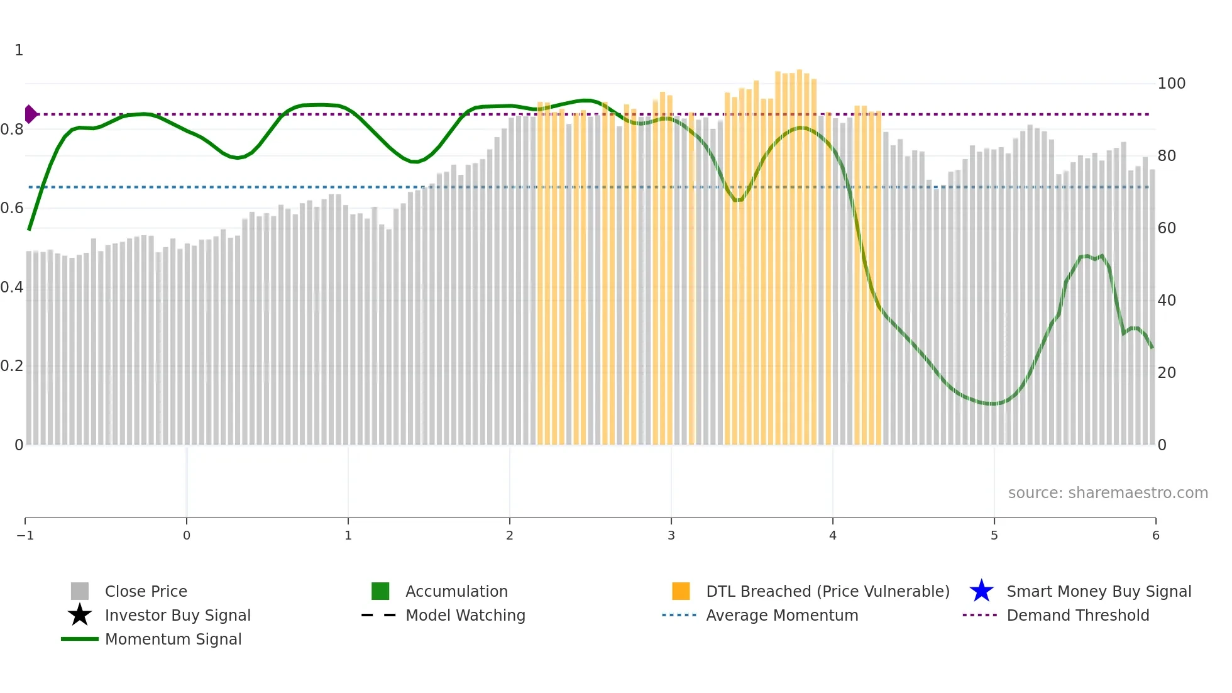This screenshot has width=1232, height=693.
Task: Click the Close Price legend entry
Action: [x=145, y=591]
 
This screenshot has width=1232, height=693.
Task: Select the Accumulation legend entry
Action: [x=456, y=591]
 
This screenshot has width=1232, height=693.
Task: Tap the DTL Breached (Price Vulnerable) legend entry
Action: [x=827, y=591]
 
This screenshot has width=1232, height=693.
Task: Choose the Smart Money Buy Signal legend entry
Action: [x=1098, y=591]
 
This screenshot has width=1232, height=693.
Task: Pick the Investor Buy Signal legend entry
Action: [x=177, y=615]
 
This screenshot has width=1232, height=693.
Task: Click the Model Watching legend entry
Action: [x=465, y=615]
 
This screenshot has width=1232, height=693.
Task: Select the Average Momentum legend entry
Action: [x=781, y=615]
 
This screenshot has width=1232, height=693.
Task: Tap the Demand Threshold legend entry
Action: [x=1077, y=615]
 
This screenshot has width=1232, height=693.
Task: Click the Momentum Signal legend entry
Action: [x=173, y=639]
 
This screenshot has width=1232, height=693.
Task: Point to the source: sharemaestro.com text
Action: [x=1108, y=492]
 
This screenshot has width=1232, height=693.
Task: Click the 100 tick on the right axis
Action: [x=1171, y=84]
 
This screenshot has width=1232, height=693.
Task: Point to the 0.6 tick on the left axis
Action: [x=12, y=208]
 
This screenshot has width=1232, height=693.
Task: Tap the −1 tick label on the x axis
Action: [x=25, y=535]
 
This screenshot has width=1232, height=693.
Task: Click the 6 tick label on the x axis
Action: [x=1155, y=535]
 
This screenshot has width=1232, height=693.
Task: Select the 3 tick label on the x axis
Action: [x=671, y=535]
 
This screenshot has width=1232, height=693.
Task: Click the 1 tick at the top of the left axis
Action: [x=19, y=50]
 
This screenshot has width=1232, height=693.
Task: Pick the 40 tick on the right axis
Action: [x=1167, y=301]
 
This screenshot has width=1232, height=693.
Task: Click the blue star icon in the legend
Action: [x=981, y=591]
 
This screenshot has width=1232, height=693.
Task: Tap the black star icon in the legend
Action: [x=80, y=615]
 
